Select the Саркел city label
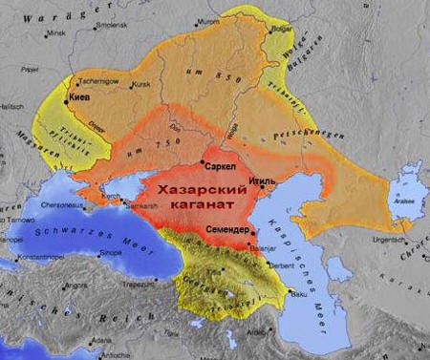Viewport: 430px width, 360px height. (221, 166)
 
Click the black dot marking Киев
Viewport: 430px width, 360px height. (65, 98)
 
